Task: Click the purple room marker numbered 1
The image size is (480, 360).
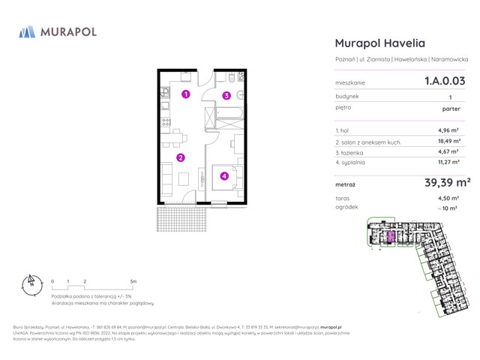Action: click(x=185, y=94)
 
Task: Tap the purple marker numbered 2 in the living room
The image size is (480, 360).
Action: click(x=181, y=157)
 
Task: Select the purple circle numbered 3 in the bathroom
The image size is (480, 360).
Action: click(x=226, y=95)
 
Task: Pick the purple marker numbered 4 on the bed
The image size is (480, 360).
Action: click(x=224, y=176)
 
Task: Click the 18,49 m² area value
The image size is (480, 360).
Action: click(x=449, y=141)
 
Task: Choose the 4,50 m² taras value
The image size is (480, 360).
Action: click(x=450, y=198)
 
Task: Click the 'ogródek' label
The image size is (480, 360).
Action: click(x=347, y=207)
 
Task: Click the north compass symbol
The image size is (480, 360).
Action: click(x=30, y=285)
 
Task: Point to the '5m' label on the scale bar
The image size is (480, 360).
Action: click(x=133, y=283)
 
